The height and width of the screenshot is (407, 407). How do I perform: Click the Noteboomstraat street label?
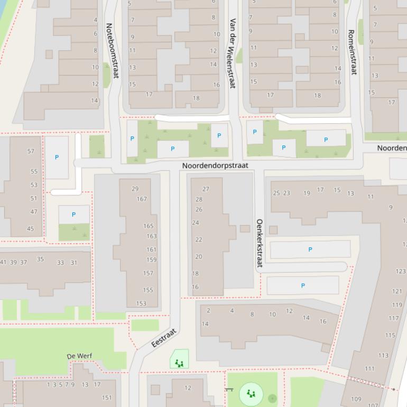coord(112,50)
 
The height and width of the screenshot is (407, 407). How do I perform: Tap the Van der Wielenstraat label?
coord(232,53)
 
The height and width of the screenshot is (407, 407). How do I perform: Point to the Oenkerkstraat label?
coord(260,243)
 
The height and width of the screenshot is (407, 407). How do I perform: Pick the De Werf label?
coord(79,356)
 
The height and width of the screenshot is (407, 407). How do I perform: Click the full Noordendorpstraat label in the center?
coord(215,165)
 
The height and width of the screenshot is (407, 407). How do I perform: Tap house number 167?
coord(142,199)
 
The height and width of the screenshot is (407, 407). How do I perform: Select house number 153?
coord(141,303)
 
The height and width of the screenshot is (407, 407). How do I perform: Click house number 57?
coord(31,151)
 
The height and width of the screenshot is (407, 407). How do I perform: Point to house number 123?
coord(400,271)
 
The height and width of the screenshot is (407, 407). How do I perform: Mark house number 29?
coord(135,189)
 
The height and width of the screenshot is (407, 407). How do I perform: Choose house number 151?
coord(107,397)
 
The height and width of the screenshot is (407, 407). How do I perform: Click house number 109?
coord(356,399)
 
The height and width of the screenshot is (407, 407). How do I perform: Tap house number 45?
coord(30,229)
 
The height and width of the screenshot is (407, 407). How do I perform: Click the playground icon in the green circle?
coord(251,394)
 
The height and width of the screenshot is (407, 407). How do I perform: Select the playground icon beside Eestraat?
coord(179,363)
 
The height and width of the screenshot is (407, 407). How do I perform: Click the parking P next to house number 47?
coord(73,215)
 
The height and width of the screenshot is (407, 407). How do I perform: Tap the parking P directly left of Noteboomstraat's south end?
coord(57,157)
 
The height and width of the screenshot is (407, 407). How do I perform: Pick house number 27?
coord(206,189)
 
